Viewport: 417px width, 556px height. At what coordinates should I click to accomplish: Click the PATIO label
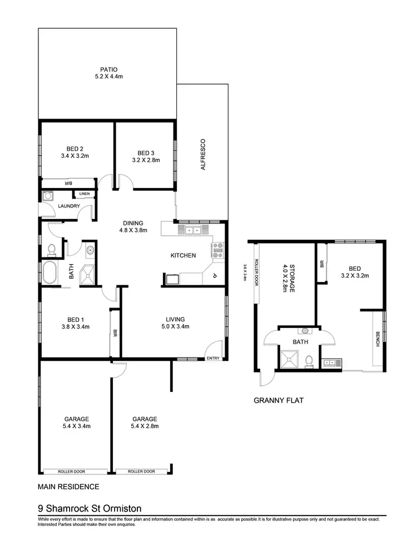click(108, 69)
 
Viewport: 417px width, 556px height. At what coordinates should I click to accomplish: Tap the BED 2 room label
click(75, 148)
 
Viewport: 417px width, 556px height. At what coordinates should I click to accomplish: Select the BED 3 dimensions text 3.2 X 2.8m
click(146, 160)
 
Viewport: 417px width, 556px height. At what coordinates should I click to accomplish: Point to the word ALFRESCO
click(203, 154)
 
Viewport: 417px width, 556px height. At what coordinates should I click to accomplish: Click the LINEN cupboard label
click(84, 193)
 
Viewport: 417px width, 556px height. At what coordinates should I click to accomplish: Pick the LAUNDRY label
click(69, 206)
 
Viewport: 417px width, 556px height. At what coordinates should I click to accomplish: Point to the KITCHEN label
click(183, 256)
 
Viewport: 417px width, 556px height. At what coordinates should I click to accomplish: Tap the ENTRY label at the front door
click(213, 359)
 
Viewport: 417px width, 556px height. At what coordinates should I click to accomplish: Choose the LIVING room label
click(175, 319)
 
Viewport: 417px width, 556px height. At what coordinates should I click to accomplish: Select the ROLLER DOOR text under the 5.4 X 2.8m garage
click(141, 471)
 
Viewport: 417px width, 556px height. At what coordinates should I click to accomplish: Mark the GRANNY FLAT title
click(278, 400)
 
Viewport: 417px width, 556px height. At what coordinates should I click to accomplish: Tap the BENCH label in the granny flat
click(378, 339)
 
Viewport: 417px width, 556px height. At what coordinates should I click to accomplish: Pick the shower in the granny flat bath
click(289, 360)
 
